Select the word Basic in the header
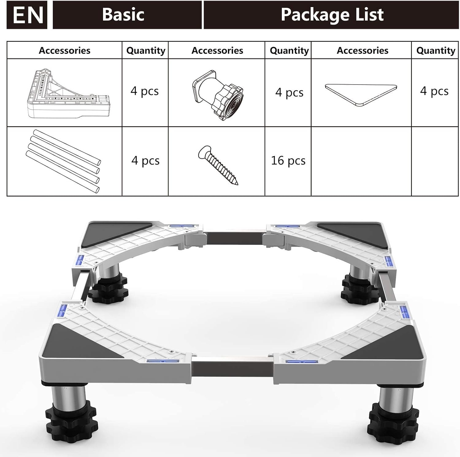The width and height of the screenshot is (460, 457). pos(123,14)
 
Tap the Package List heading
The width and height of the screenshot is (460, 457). pos(332,14)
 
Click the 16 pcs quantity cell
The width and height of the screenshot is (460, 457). pos(288,161)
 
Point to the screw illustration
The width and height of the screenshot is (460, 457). pos(218,165)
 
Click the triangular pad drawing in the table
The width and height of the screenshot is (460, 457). pos(361,95)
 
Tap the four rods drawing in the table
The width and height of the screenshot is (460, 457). pos(63,161)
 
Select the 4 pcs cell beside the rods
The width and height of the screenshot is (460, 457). pos(145,161)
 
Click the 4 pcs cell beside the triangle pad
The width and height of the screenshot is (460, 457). pos(434,91)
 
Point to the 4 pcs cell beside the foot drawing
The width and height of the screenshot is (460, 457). pos(289,92)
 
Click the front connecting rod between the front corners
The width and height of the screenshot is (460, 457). pos(232,366)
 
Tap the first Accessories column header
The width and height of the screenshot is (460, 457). pos(64,50)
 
